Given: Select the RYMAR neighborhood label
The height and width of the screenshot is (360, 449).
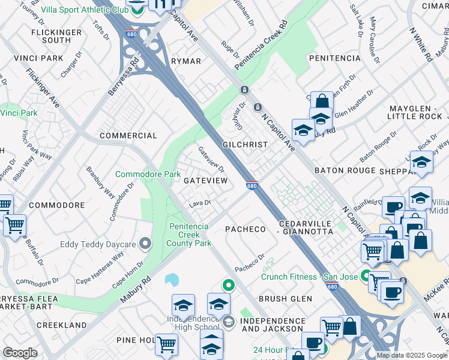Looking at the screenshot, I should [x=185, y=61].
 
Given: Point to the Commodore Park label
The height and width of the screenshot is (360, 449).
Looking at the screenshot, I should [x=148, y=175].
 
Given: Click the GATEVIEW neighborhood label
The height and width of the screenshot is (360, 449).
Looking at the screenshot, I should [x=205, y=180].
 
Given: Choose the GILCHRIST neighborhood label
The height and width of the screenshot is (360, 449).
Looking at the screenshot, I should [x=244, y=145].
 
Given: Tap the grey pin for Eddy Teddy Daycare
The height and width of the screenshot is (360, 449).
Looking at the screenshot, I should [x=144, y=244].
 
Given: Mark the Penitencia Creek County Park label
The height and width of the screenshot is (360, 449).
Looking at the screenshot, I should [x=190, y=235].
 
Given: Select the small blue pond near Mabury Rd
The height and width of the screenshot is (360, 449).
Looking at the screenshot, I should [x=171, y=280].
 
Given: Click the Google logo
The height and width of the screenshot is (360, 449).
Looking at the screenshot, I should [x=20, y=353].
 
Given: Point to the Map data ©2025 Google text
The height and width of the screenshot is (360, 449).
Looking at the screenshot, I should [x=412, y=355].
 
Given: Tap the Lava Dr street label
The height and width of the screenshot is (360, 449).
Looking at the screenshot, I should [x=200, y=203].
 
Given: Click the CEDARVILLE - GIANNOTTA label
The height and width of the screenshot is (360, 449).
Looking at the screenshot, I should [x=305, y=227].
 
